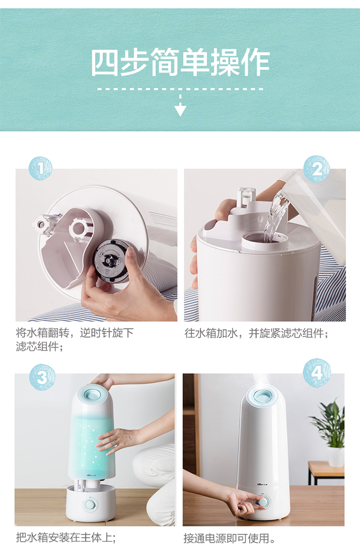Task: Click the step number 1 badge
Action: point(40,168)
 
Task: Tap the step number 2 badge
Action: point(316,169)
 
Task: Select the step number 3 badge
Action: point(42,377)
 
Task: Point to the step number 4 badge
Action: point(317,373)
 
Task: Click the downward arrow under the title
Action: point(180,105)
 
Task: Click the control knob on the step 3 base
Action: point(90,505)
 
